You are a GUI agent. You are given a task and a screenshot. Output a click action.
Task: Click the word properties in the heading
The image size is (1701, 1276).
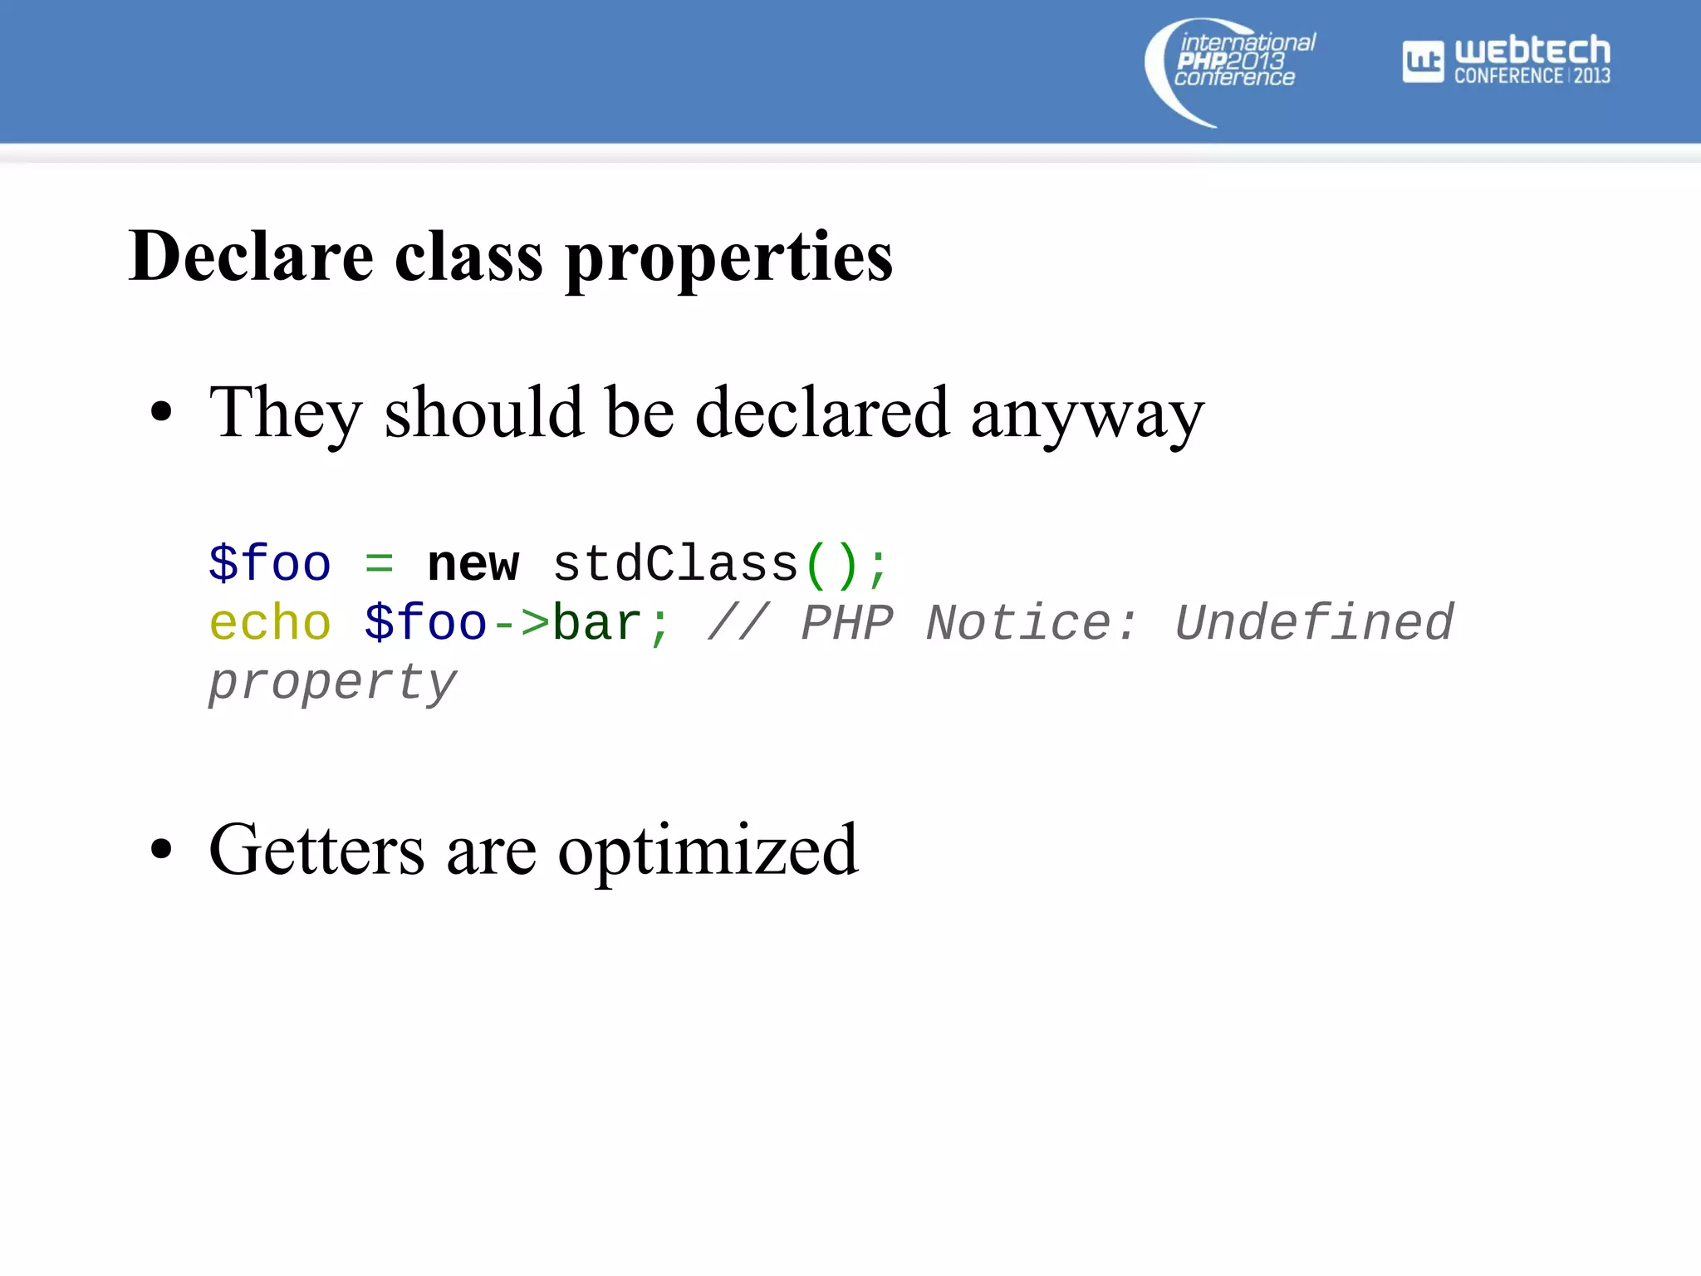point(728,259)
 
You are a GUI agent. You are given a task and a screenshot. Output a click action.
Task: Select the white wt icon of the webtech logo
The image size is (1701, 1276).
point(1423,61)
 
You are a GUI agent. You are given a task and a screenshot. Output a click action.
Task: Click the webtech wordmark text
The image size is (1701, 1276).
point(1532,51)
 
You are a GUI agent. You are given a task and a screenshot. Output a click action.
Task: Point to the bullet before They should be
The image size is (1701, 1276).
point(161,412)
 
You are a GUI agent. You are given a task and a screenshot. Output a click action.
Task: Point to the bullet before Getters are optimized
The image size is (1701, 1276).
point(161,850)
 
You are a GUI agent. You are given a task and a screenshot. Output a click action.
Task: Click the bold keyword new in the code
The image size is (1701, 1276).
point(473,565)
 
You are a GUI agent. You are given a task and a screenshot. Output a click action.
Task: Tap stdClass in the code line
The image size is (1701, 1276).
point(675,565)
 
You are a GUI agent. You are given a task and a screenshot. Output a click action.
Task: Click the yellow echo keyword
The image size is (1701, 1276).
point(270,624)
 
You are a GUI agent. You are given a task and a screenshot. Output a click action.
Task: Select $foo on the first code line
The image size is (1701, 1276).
point(270,565)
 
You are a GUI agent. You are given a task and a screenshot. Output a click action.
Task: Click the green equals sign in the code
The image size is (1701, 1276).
point(379,566)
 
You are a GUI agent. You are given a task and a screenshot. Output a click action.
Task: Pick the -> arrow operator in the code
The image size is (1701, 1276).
point(520,624)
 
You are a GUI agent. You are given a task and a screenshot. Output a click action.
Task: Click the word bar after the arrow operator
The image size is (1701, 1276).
point(597,624)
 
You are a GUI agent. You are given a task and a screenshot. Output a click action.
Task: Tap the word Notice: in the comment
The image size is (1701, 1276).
point(1031,624)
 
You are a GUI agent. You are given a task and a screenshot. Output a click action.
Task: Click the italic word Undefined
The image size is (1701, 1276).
point(1314,624)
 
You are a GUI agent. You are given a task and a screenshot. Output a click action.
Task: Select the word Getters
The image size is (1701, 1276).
point(316,850)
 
